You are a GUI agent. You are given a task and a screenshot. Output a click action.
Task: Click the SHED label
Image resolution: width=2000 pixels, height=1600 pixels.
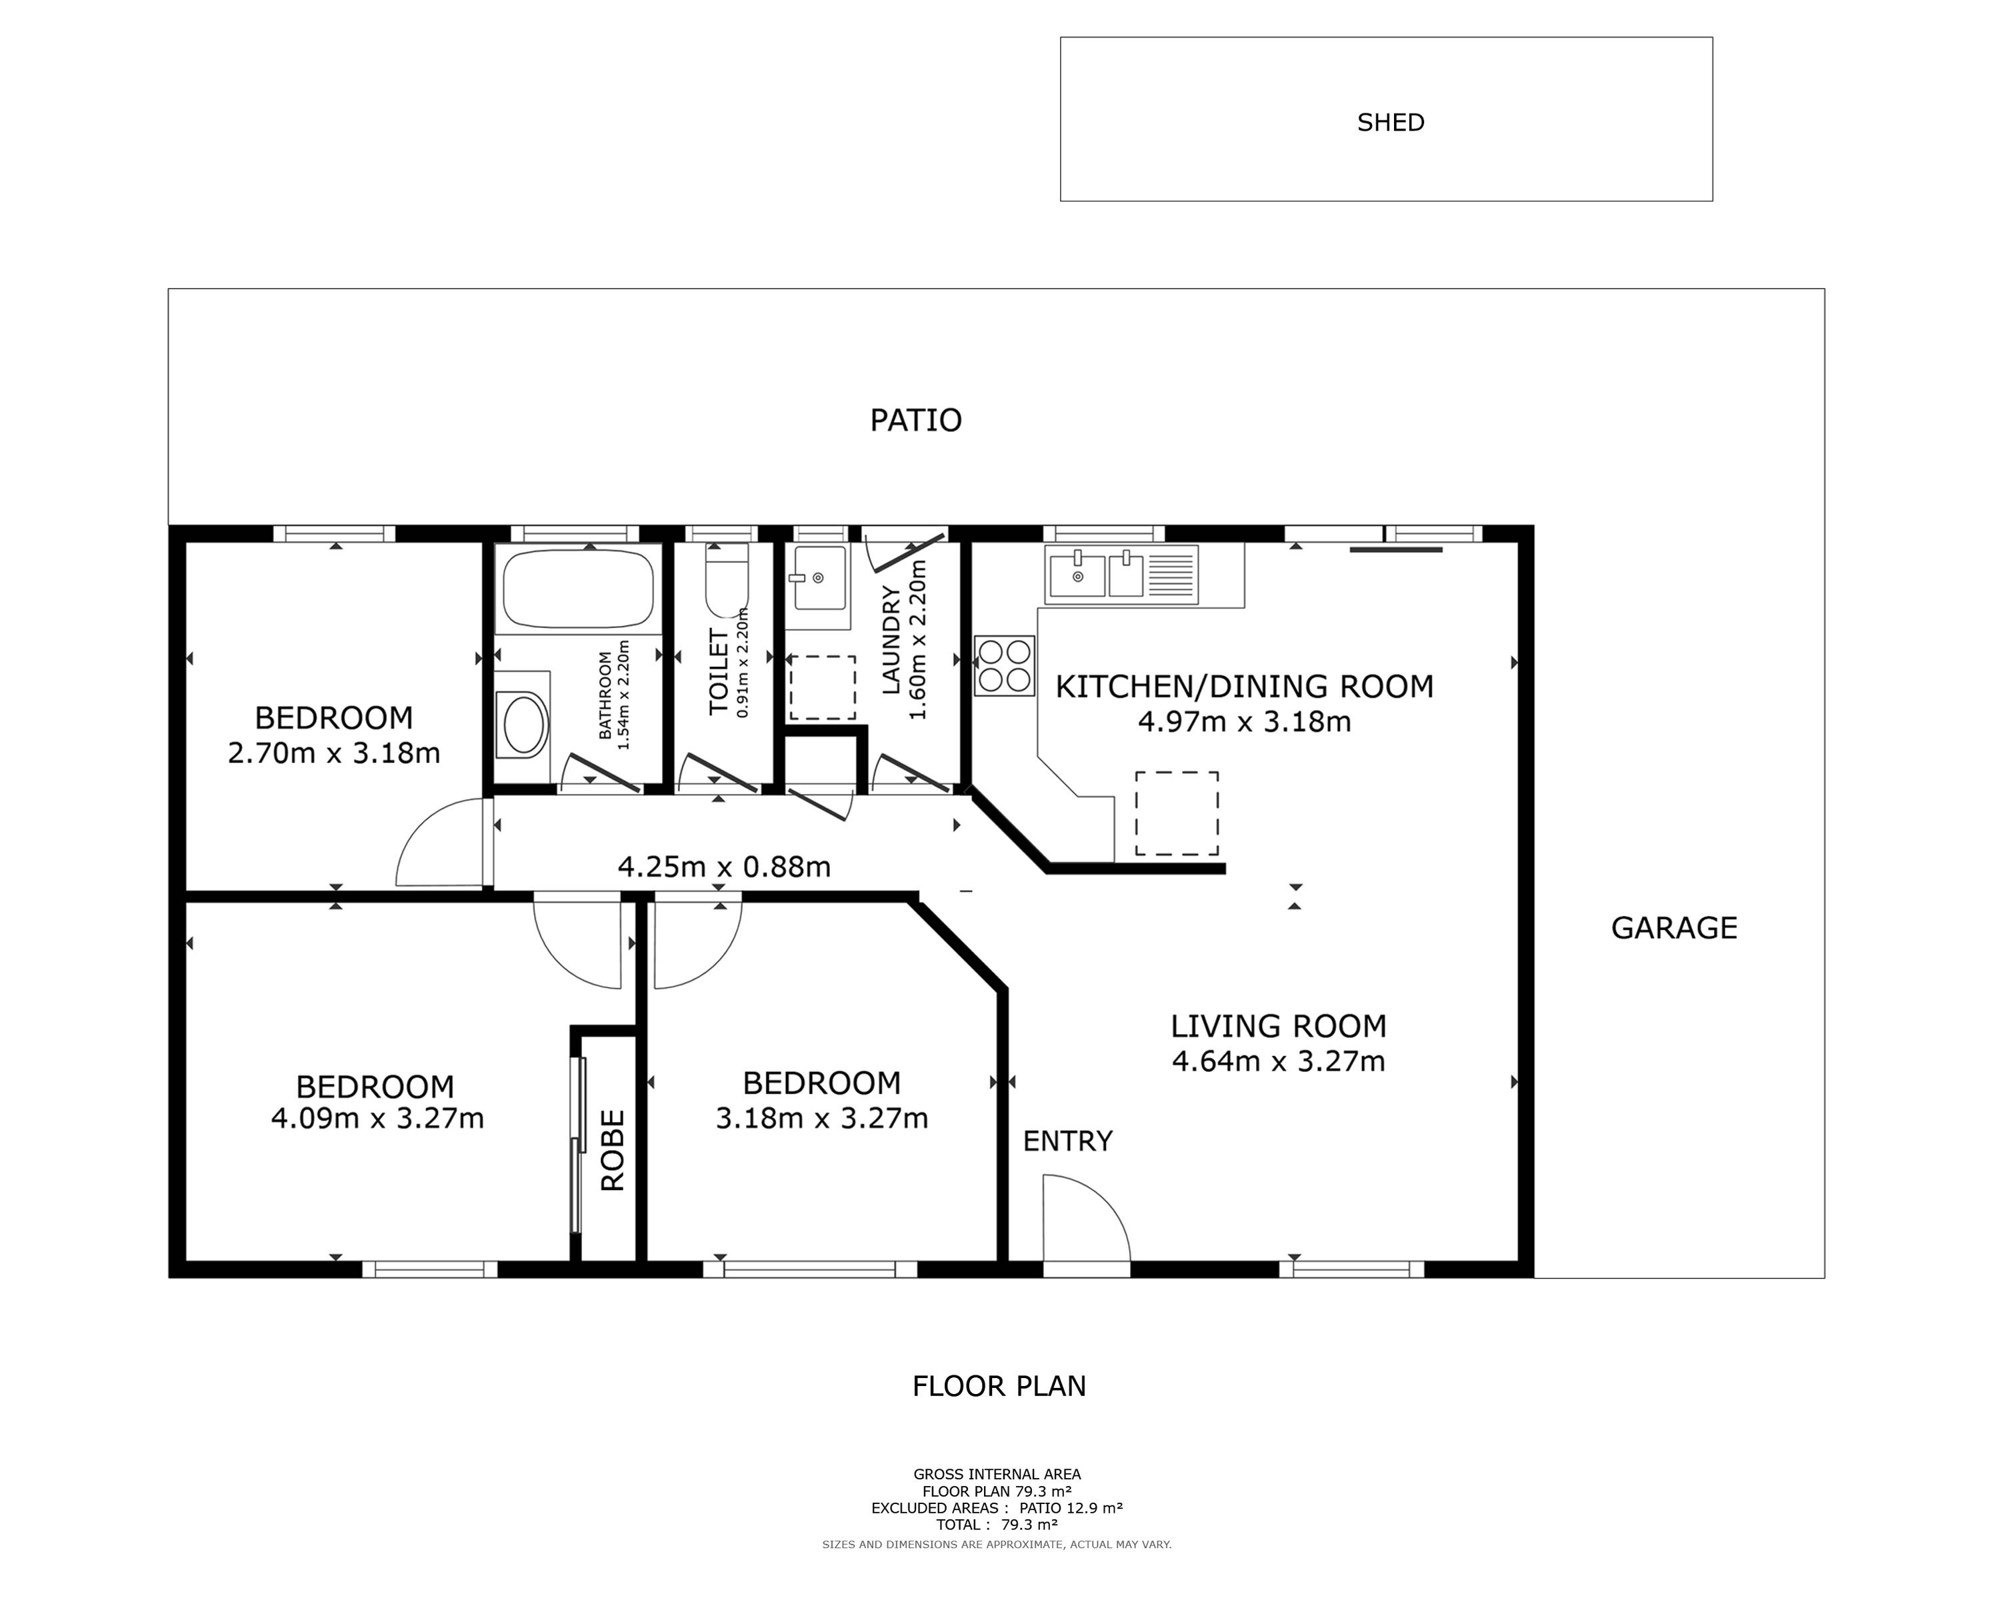tap(1391, 123)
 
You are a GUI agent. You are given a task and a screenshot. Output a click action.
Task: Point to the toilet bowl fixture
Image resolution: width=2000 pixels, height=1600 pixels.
tap(727, 580)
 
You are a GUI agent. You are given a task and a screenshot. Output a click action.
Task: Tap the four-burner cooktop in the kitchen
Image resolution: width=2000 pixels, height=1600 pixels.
tap(1004, 666)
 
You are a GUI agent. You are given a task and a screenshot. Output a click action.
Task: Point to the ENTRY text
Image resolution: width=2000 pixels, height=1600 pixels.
tap(1068, 1141)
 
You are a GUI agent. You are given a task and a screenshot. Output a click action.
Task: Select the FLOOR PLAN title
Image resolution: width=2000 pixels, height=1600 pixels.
tap(999, 1386)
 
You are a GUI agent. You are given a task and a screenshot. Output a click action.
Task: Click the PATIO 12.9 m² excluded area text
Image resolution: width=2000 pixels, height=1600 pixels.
tap(1071, 1508)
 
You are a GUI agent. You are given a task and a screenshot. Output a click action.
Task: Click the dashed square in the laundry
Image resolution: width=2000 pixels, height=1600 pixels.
tap(823, 687)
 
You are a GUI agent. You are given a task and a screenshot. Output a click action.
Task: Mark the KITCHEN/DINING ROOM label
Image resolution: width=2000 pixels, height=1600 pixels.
tap(1245, 687)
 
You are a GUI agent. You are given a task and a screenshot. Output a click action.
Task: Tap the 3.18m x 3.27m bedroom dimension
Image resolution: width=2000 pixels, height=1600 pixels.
tap(822, 1119)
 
